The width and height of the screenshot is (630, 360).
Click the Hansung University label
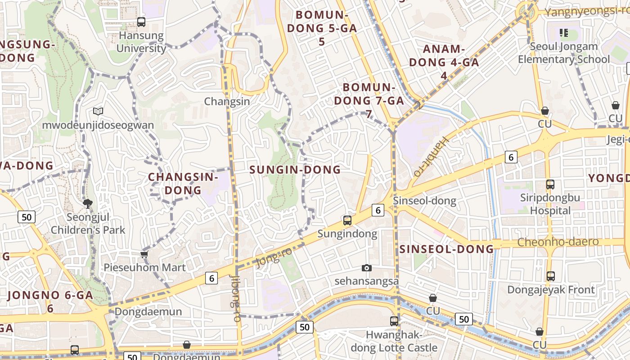pos(141,42)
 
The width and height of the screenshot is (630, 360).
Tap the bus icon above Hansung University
pos(141,22)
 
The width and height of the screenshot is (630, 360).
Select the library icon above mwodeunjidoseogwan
pos(98,111)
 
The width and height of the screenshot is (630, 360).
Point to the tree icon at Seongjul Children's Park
pos(88,204)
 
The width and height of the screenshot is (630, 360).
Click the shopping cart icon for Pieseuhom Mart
pos(144,255)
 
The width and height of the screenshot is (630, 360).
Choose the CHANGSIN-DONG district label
pos(183,183)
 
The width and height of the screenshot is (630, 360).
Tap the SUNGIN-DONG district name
pos(295,170)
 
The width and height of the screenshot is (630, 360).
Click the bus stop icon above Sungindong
pos(347,220)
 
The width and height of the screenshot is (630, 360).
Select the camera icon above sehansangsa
pos(367,268)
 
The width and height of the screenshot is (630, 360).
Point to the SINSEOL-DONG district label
pos(446,249)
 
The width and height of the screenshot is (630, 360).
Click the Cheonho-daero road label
pos(558,242)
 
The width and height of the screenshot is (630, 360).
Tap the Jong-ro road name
pos(274,257)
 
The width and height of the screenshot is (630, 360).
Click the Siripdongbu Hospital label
pos(550,204)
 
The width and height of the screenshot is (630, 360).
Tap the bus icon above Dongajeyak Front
pos(550,276)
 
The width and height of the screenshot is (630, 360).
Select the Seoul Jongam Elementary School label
pos(563,53)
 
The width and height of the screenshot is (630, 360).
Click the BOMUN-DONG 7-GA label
pos(369,100)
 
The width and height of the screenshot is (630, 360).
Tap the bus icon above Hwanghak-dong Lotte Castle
pos(394,321)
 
